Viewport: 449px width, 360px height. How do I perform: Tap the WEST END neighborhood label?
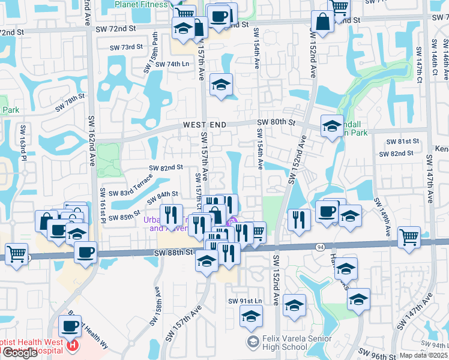[205, 125]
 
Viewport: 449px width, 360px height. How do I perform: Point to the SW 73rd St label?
[126, 47]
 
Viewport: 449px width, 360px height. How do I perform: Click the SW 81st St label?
[403, 141]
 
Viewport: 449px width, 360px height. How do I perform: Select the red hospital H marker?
[73, 345]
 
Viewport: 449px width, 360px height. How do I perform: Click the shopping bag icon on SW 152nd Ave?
[322, 22]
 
